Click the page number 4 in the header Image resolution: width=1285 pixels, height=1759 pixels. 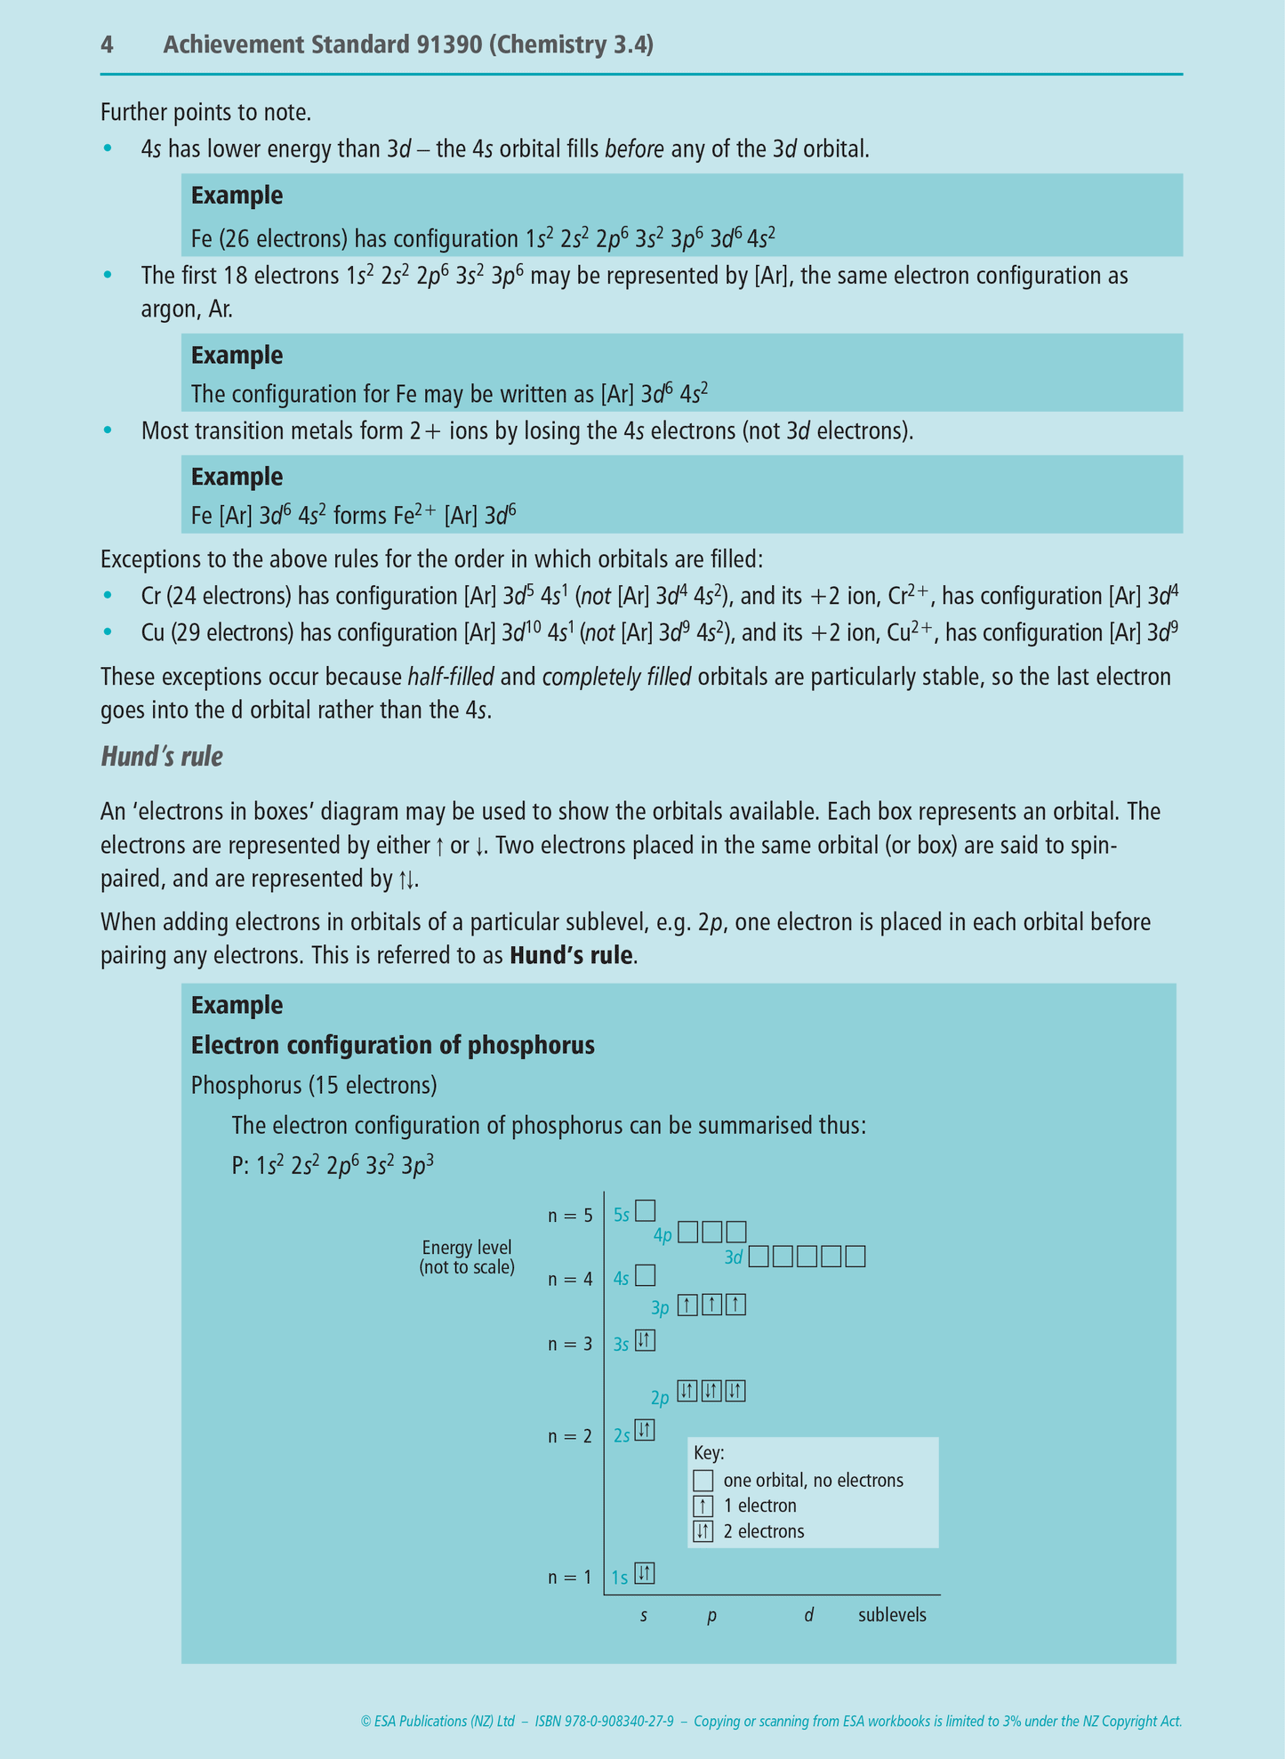(x=107, y=45)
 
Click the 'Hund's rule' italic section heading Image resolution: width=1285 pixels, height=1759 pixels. (x=161, y=757)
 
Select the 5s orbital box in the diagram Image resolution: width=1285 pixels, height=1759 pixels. (x=646, y=1211)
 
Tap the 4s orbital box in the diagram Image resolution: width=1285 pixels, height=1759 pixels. (x=646, y=1276)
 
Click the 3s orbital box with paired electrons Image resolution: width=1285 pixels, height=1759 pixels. (x=646, y=1341)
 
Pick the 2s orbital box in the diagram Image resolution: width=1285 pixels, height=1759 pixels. (x=646, y=1431)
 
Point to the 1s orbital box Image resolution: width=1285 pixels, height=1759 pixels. (x=646, y=1573)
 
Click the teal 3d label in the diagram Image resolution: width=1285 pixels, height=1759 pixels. (x=734, y=1258)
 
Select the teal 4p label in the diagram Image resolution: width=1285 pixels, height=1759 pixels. (x=663, y=1235)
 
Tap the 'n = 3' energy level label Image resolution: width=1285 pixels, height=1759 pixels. (x=570, y=1344)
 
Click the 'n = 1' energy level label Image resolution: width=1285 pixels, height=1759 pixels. (x=570, y=1578)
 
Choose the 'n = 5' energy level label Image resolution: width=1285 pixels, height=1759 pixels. (x=570, y=1216)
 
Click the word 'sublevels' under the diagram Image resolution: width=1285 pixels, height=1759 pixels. (x=892, y=1616)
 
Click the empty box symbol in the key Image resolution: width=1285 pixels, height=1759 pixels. (x=703, y=1481)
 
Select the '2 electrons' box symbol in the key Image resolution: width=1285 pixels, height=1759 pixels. (x=703, y=1531)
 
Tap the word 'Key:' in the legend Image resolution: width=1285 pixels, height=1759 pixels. (x=709, y=1453)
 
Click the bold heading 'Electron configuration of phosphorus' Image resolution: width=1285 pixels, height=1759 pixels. (x=392, y=1045)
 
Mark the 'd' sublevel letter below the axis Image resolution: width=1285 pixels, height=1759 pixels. (x=808, y=1616)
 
